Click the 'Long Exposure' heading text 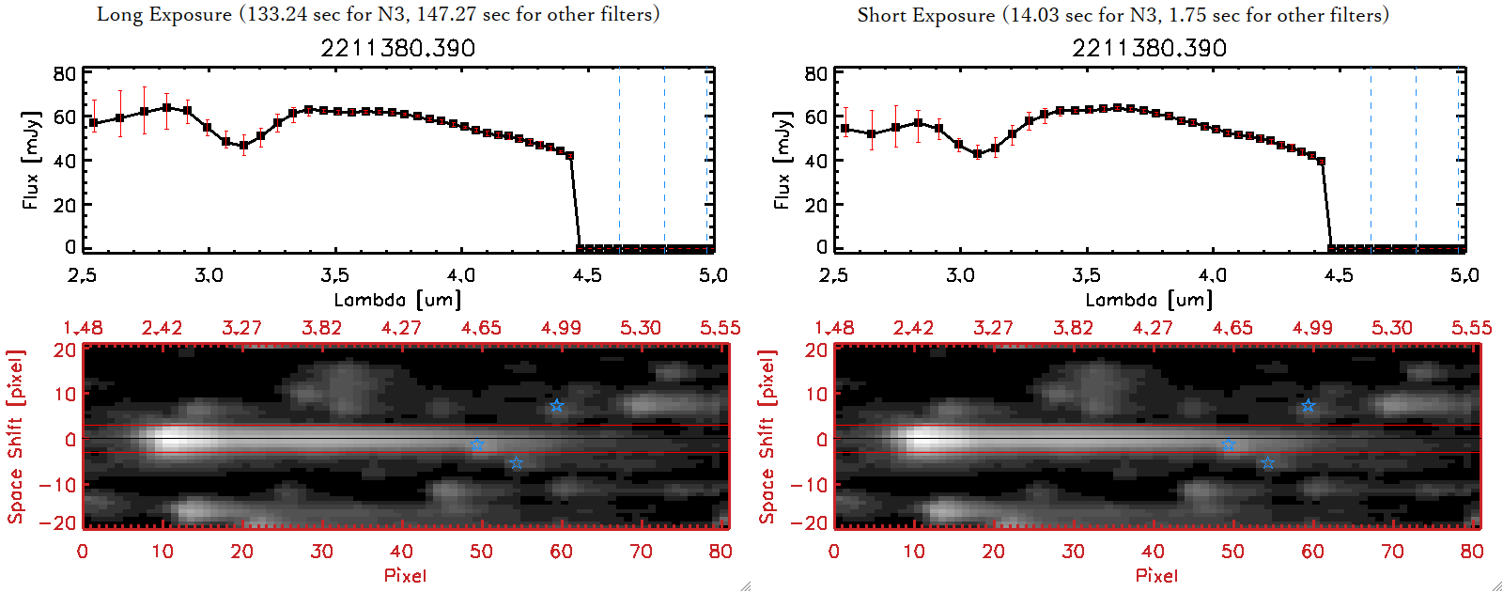point(164,14)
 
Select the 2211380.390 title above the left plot point(397,48)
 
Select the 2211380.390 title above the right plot point(1149,48)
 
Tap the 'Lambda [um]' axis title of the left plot point(397,300)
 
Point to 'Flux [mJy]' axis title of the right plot point(782,160)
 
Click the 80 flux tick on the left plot point(64,73)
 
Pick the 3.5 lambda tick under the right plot point(1086,275)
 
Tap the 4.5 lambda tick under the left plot point(587,275)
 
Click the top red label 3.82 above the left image point(321,328)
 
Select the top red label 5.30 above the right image point(1391,328)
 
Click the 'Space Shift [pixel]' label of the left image point(15,437)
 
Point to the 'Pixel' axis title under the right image point(1156,575)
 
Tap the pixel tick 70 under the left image point(641,552)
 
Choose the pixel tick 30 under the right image point(1073,552)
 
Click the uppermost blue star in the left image point(556,406)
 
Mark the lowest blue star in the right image point(1267,463)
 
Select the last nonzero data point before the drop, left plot point(569,156)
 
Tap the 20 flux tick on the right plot point(815,204)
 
